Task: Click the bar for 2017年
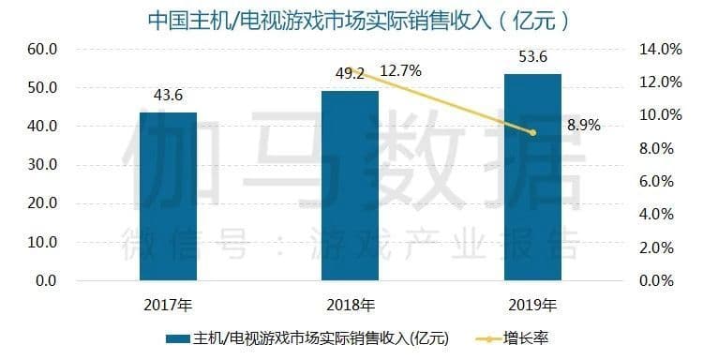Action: pos(169,197)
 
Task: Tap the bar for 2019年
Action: pos(532,177)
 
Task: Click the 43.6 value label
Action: pos(169,96)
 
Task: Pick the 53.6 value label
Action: pos(533,56)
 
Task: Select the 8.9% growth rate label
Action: pos(583,124)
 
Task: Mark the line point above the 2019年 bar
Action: pos(533,133)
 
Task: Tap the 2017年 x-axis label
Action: pos(169,305)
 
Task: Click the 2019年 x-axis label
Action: pos(533,305)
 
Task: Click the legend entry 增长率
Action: pos(525,337)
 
